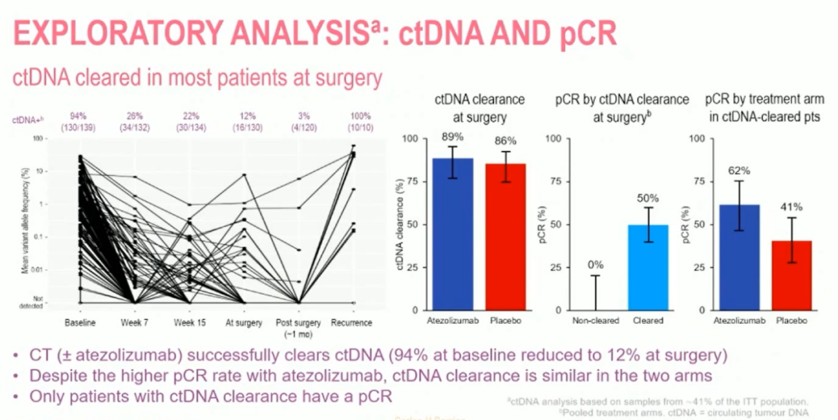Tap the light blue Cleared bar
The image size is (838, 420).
click(x=647, y=267)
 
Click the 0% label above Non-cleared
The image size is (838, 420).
click(x=596, y=265)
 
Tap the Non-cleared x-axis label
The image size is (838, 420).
click(x=595, y=320)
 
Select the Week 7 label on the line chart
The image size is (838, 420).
click(x=133, y=322)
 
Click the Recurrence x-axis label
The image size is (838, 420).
click(x=351, y=322)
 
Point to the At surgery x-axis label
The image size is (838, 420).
click(x=244, y=322)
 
